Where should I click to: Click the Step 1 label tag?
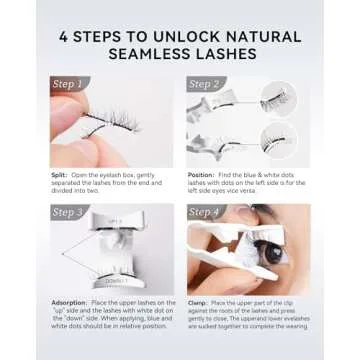click(69, 85)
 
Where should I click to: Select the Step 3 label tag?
click(69, 212)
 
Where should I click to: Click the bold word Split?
click(58, 176)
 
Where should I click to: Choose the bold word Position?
click(202, 176)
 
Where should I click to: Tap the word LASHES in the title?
click(231, 52)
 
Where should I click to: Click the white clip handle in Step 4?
click(215, 270)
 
